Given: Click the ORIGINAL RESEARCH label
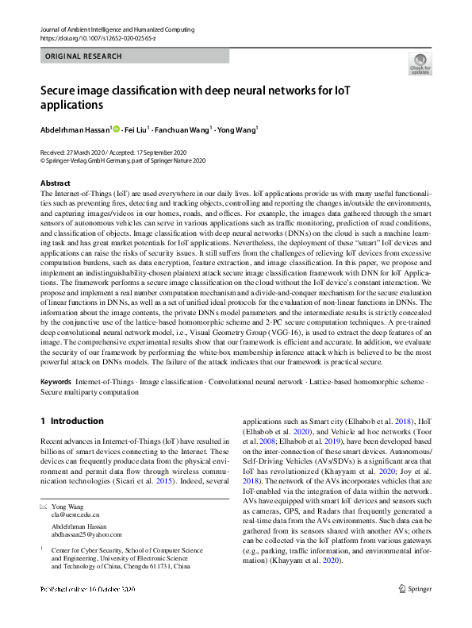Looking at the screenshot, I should coord(84,56).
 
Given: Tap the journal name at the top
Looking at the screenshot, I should coord(117,29).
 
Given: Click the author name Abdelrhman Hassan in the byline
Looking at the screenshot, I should coord(75,129).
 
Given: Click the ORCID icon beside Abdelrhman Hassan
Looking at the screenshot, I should coord(116,129).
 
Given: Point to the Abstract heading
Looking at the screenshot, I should coord(56,183).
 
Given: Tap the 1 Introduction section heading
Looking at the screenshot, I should coord(71,421).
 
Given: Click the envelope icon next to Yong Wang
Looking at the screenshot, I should coord(43,506).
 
